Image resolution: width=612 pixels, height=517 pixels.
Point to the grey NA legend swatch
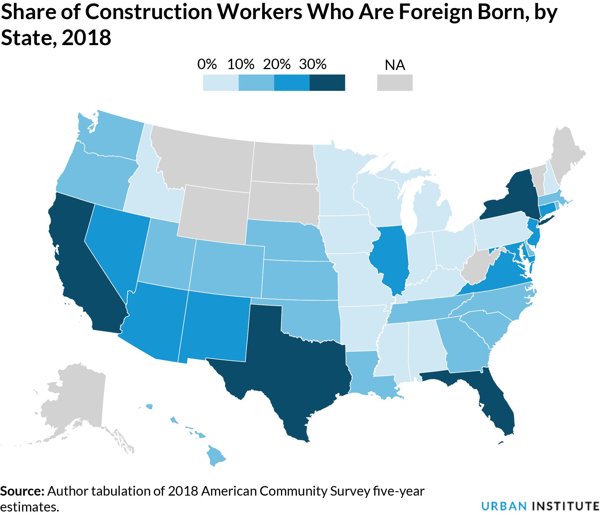[x=394, y=83]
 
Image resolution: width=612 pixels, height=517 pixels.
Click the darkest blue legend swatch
[x=327, y=83]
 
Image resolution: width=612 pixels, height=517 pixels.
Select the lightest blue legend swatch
[x=220, y=83]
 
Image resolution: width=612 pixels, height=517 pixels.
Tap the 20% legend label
[x=277, y=64]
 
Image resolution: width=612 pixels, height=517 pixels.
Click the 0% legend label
[x=207, y=64]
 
